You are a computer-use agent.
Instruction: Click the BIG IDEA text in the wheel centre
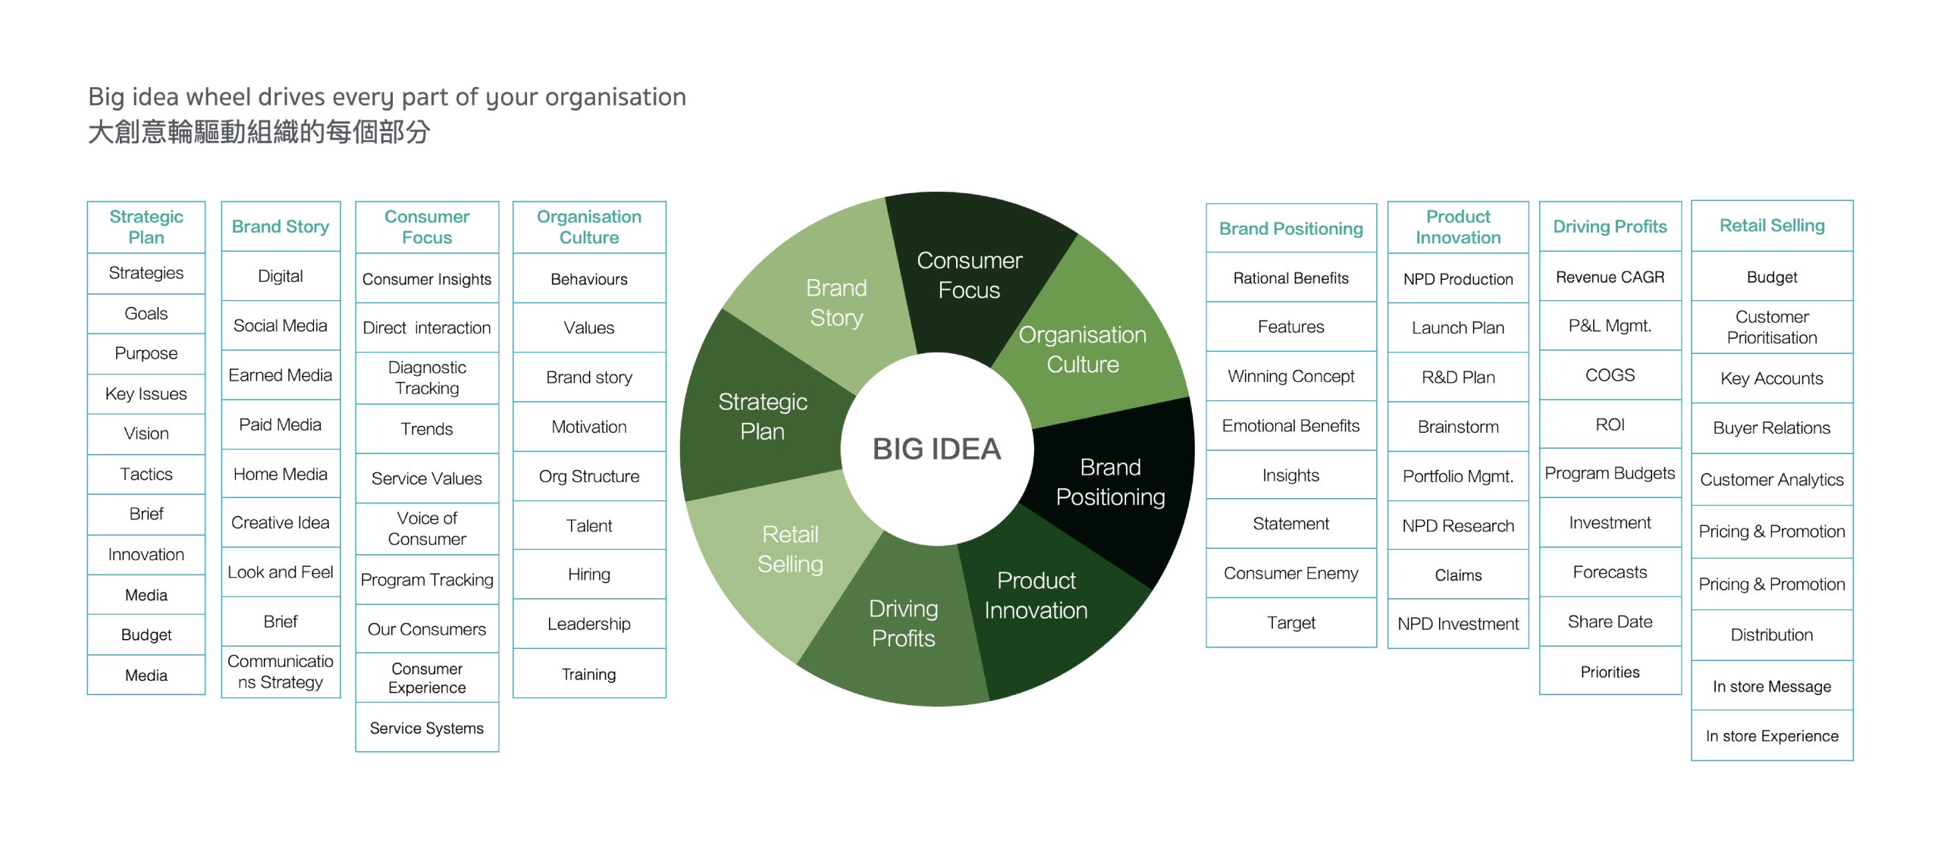[936, 449]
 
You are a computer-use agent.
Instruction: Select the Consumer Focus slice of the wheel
[969, 274]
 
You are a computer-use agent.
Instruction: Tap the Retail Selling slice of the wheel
[789, 550]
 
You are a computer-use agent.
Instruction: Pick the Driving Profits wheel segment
[902, 623]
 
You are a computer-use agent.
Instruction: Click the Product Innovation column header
[1457, 227]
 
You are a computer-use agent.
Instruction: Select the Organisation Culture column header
[588, 227]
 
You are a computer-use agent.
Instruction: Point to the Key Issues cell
[146, 393]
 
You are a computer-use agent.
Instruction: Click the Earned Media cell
[280, 374]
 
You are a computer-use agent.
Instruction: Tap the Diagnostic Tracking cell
[427, 378]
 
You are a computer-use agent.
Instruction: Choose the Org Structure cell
[588, 476]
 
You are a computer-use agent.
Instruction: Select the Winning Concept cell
[1290, 376]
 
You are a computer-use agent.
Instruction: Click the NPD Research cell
[1457, 525]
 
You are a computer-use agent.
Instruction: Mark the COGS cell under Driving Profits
[1610, 374]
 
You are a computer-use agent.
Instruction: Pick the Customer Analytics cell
[1771, 479]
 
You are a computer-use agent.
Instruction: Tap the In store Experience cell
[1771, 735]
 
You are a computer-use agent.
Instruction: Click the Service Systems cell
[427, 728]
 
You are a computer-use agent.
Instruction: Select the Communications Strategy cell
[280, 672]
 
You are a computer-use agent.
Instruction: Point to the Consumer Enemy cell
[1290, 573]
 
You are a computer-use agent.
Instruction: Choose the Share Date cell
[1610, 622]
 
